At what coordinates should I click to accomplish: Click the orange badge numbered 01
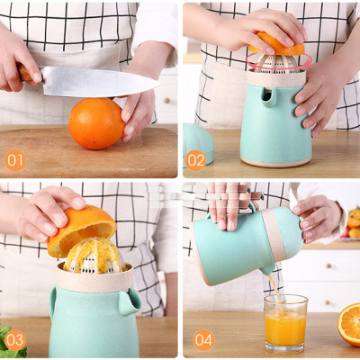[15, 161]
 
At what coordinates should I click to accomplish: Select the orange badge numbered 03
[15, 340]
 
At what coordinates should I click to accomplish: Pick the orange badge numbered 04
[203, 340]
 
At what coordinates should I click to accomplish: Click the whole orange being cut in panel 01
[96, 123]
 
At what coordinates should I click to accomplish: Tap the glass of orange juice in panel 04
[285, 325]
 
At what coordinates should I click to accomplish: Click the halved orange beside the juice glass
[349, 323]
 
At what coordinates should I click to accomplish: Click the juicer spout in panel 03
[129, 301]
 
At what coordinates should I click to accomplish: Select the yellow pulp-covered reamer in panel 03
[93, 256]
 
